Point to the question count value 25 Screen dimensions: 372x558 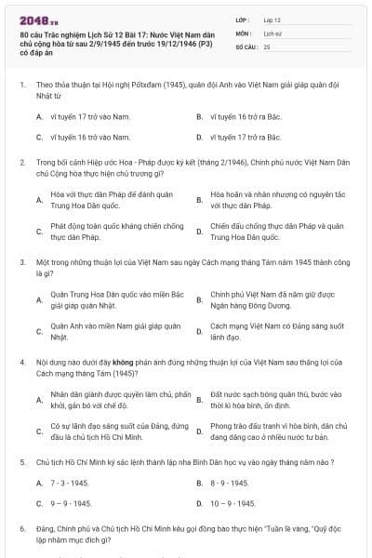click(x=267, y=46)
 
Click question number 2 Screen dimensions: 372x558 click(x=20, y=162)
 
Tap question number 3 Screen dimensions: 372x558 click(x=20, y=263)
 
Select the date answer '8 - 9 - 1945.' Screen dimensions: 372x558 click(x=231, y=484)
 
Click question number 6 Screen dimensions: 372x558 click(x=20, y=528)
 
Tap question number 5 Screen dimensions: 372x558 click(x=20, y=460)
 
